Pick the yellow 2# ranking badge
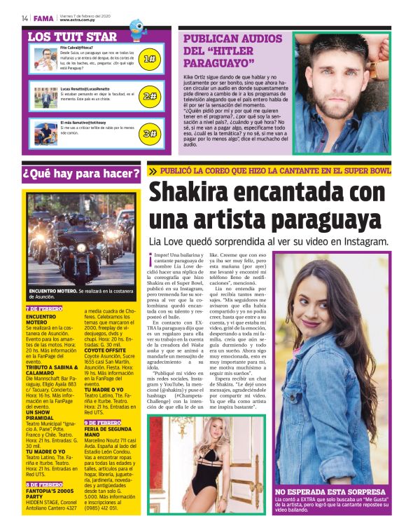tap(149, 96)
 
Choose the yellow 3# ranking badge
tap(149, 132)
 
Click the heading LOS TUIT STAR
tap(72, 36)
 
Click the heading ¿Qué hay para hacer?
tap(81, 173)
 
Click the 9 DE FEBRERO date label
tap(103, 423)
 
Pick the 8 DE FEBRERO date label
tap(44, 484)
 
